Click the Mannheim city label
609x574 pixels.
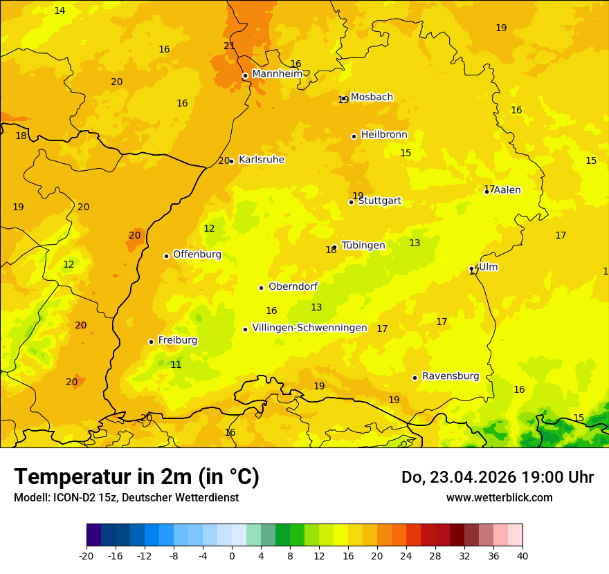click(277, 74)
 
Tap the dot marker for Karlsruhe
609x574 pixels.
click(232, 161)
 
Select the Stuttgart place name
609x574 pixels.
click(379, 201)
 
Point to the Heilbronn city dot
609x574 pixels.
click(354, 136)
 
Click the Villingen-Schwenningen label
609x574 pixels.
click(309, 328)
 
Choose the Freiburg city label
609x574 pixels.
click(177, 340)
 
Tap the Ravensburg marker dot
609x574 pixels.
click(415, 378)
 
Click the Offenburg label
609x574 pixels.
click(197, 254)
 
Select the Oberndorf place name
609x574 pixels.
click(293, 286)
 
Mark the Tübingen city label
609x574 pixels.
click(363, 246)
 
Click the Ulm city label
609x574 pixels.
click(489, 267)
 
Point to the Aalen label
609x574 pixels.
click(507, 190)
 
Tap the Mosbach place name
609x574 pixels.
click(372, 97)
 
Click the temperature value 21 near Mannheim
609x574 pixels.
click(230, 46)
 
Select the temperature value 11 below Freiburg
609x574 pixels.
click(176, 364)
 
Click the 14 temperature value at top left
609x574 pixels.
click(60, 10)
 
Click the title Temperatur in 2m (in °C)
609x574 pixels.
click(136, 477)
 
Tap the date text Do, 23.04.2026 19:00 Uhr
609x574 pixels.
click(497, 477)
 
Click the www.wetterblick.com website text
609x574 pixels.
click(499, 498)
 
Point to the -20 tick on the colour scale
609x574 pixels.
click(87, 555)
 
